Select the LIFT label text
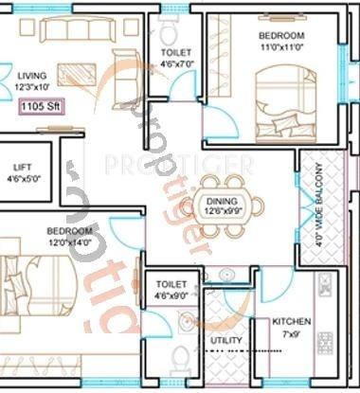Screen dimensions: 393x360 (x=20, y=168)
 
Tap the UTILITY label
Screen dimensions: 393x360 (x=226, y=340)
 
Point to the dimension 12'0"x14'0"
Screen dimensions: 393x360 (x=71, y=242)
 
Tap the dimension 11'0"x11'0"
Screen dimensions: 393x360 (x=280, y=45)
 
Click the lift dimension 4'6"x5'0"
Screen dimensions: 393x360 (x=20, y=178)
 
